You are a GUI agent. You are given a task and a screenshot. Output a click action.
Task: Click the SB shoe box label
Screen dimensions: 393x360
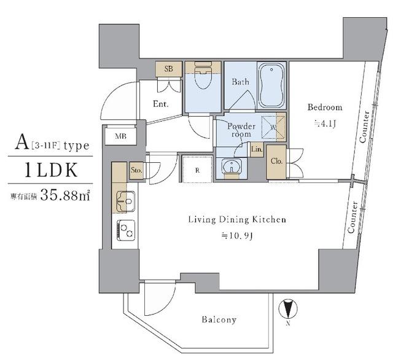tap(169, 68)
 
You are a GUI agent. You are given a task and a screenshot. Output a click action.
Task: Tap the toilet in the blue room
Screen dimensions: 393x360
tap(203, 76)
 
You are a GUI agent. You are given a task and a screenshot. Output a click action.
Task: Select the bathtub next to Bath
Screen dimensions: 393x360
tap(271, 85)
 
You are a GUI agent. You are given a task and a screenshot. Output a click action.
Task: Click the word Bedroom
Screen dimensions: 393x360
tap(325, 108)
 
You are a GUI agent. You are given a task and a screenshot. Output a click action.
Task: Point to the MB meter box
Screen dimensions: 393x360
tap(120, 136)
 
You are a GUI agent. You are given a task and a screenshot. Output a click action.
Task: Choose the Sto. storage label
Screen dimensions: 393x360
tap(136, 170)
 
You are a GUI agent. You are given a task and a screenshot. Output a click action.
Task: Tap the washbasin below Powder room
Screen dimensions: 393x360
tap(232, 166)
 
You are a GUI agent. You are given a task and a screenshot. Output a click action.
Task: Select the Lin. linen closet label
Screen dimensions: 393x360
tap(257, 149)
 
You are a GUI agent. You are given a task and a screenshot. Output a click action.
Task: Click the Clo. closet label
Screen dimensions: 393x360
tap(276, 161)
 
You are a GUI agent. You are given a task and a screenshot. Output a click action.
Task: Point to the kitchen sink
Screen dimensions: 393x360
tap(126, 202)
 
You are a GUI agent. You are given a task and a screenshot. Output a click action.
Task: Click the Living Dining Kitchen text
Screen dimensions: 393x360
tap(237, 219)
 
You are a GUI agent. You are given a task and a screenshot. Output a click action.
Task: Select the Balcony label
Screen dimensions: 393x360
tap(219, 319)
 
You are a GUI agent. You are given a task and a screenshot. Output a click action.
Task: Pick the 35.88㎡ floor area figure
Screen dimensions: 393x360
tap(65, 195)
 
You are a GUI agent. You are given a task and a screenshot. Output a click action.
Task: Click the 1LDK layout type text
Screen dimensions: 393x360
tap(51, 170)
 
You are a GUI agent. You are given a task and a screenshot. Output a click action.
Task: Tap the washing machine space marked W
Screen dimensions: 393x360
tap(273, 125)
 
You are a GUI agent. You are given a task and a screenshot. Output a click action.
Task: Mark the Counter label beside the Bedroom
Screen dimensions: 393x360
tap(364, 127)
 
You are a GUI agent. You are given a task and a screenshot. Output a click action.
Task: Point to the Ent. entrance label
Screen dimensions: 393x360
tap(161, 104)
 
